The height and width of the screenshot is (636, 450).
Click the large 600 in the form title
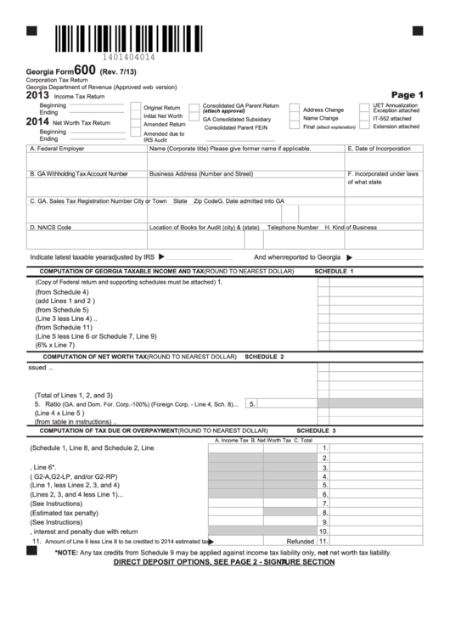click(84, 70)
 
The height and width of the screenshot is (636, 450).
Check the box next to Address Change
click(294, 110)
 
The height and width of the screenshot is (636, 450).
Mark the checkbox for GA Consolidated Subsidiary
click(194, 119)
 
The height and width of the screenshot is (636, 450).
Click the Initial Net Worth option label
click(163, 116)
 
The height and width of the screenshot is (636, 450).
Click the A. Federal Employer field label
click(57, 148)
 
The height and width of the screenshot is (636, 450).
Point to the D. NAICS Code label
click(51, 228)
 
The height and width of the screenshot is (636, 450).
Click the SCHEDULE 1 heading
click(334, 270)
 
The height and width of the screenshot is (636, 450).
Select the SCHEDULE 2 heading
click(264, 357)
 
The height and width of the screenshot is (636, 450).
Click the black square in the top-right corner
click(417, 30)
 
